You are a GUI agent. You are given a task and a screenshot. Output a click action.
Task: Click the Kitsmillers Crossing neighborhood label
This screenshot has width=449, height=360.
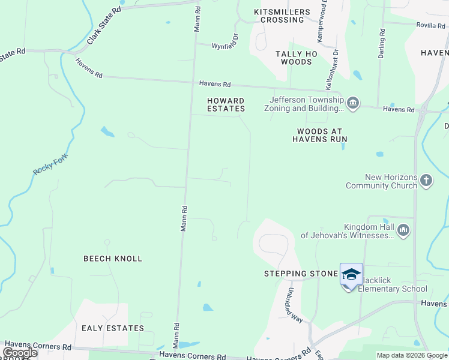click(x=282, y=16)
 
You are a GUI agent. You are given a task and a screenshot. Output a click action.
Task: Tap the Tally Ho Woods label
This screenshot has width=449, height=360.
click(x=294, y=58)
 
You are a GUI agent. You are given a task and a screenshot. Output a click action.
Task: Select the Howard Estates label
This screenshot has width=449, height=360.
click(x=226, y=104)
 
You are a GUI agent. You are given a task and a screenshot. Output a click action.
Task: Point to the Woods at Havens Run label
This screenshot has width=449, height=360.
click(x=320, y=135)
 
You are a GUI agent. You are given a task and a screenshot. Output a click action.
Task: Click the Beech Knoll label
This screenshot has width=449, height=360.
click(x=113, y=259)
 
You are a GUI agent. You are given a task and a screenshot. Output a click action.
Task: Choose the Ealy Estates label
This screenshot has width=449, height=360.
click(x=113, y=328)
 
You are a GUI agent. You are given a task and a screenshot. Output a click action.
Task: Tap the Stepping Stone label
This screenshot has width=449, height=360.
click(x=301, y=274)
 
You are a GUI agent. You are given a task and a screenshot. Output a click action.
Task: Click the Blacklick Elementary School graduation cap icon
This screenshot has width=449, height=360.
click(x=351, y=275)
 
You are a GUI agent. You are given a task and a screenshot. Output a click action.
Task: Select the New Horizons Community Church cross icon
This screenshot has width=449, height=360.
click(x=426, y=181)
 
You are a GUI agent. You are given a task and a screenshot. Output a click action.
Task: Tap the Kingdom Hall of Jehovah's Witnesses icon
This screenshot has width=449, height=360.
click(x=403, y=230)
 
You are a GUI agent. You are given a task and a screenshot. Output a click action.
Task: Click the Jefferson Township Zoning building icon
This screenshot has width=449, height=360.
click(x=353, y=104)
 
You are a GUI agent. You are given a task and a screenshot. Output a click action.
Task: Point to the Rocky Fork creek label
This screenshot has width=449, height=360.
click(x=50, y=165)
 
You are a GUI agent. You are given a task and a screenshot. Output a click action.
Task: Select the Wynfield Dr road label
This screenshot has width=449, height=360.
click(x=225, y=42)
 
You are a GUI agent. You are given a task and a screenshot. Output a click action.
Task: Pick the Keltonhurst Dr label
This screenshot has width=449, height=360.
click(x=336, y=67)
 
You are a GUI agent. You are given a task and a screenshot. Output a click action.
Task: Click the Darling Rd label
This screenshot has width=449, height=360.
click(x=381, y=44)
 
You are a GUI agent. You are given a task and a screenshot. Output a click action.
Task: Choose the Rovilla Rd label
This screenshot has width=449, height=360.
click(x=432, y=25)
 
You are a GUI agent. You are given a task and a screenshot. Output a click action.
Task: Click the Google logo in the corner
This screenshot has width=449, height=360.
click(x=19, y=353)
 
